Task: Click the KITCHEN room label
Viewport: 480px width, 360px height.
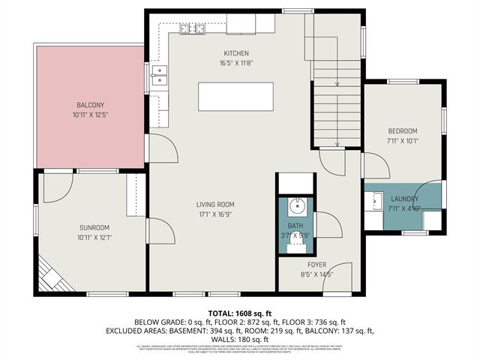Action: (x=235, y=53)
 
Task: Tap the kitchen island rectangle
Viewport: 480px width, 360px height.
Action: (x=235, y=97)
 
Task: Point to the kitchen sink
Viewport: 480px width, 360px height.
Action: (x=158, y=73)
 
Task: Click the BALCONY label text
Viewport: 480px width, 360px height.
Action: (x=91, y=105)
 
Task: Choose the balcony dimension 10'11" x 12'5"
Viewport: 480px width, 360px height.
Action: (x=91, y=115)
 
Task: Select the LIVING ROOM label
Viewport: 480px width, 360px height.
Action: (x=215, y=204)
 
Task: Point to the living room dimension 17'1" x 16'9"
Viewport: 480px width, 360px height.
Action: (x=215, y=214)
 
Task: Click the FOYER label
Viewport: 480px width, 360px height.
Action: (x=316, y=265)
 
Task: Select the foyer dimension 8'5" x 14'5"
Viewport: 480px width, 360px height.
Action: (x=316, y=274)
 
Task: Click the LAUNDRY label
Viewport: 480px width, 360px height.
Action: (x=403, y=199)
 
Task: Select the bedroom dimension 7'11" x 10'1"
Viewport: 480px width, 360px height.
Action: (x=402, y=139)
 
